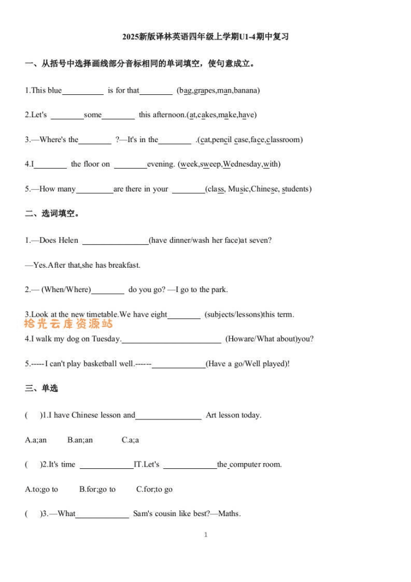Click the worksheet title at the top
205,37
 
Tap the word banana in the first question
246,90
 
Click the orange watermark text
68,324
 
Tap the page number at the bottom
205,534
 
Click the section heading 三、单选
41,389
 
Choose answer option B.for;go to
97,489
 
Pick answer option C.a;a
130,440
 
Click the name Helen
68,240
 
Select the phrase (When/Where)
66,290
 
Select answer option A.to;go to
41,489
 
